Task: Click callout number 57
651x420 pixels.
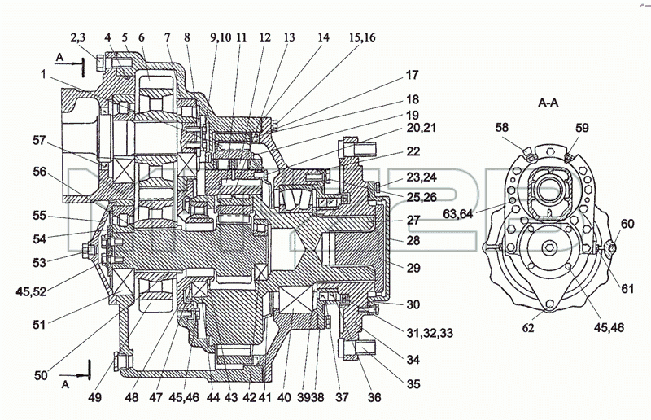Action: pyautogui.click(x=39, y=141)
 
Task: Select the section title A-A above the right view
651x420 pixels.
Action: pyautogui.click(x=548, y=103)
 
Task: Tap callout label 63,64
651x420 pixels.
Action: pyautogui.click(x=458, y=213)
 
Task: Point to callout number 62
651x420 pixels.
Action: pyautogui.click(x=528, y=328)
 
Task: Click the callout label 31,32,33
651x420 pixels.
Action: pyautogui.click(x=430, y=333)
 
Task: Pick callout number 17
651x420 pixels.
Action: pyautogui.click(x=413, y=75)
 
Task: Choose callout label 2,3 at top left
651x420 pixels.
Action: pyautogui.click(x=77, y=37)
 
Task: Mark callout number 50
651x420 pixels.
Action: pyautogui.click(x=41, y=375)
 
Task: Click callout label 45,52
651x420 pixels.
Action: pyautogui.click(x=31, y=291)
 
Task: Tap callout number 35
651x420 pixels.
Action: pyautogui.click(x=413, y=384)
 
